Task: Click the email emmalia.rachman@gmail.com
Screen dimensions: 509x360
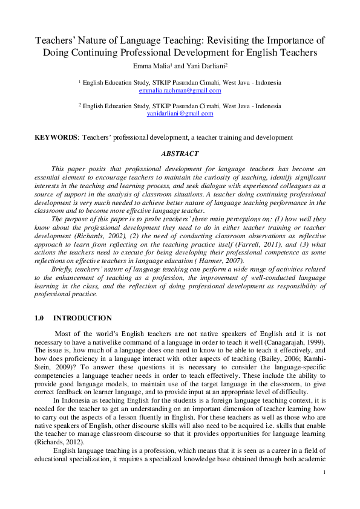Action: tap(180, 91)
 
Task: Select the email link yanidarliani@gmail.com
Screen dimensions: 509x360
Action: tap(180, 113)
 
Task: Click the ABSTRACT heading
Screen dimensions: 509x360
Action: tap(180, 154)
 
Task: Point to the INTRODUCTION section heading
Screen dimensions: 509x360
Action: tap(82, 318)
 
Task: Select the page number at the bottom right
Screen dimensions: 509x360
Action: tap(325, 473)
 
